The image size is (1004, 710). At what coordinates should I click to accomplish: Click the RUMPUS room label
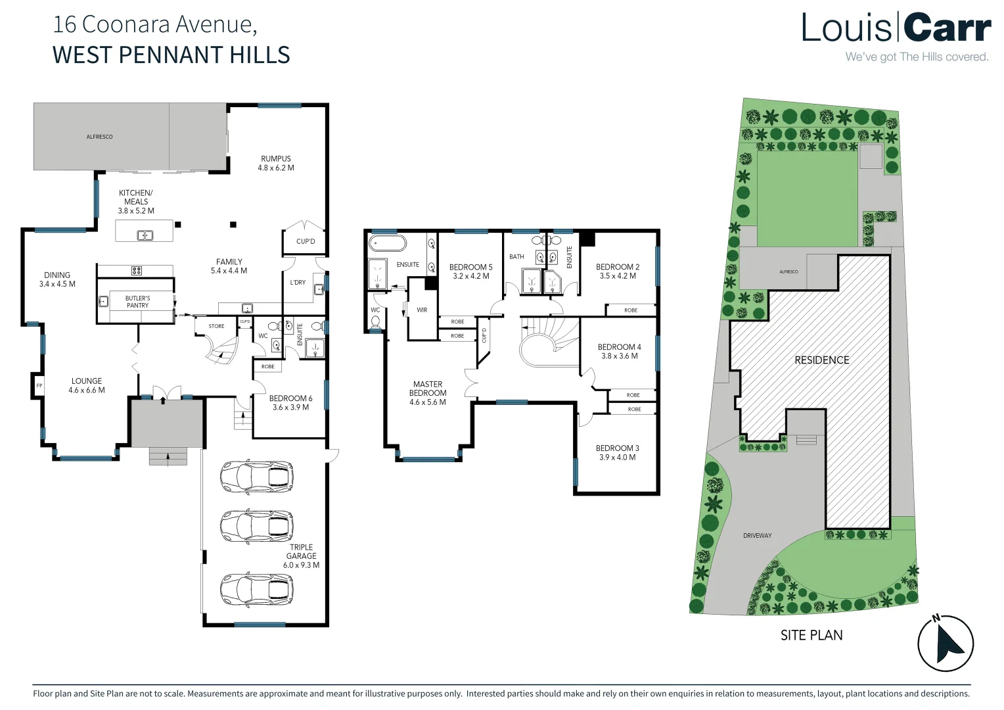[275, 158]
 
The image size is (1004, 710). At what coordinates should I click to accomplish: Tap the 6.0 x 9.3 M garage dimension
[301, 565]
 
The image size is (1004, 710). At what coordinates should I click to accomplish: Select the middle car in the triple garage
[256, 525]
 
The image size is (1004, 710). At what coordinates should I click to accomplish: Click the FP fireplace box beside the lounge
[39, 386]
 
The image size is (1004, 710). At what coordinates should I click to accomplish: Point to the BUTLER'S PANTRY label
[137, 302]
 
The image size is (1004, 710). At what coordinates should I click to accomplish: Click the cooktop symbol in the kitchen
[137, 270]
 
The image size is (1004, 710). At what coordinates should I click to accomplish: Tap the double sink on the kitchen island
[145, 235]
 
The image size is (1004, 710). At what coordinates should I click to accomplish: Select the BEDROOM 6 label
[290, 398]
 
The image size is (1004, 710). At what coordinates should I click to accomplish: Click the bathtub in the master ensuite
[388, 244]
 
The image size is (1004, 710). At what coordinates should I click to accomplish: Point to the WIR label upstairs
[422, 310]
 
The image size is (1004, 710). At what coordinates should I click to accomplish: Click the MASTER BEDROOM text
[428, 389]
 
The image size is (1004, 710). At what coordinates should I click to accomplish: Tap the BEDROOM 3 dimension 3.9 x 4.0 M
[617, 458]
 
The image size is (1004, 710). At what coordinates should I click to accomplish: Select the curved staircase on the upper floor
[545, 342]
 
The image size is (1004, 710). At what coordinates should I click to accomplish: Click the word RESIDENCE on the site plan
[821, 360]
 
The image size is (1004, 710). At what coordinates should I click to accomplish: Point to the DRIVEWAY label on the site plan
[757, 536]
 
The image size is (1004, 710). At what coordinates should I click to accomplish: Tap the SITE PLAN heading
[811, 635]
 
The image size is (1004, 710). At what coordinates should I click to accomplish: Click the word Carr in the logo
[946, 29]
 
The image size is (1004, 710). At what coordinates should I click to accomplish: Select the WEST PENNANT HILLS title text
[171, 55]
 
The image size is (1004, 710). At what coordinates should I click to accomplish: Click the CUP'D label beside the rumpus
[305, 241]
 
